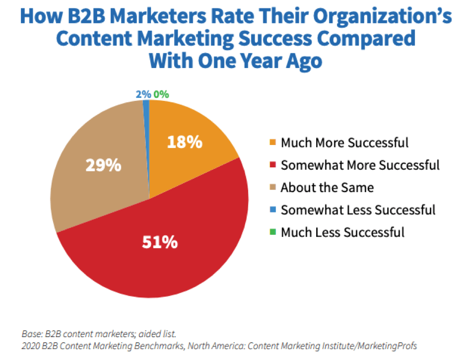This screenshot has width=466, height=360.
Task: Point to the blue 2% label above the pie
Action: point(142,94)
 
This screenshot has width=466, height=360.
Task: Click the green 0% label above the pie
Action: point(160,94)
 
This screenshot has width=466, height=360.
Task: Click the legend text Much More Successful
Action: point(344,143)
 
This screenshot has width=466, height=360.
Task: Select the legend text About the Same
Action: point(327,188)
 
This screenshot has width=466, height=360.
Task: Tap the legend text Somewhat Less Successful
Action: point(358,210)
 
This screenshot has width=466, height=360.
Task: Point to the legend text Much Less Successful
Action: point(342,232)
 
